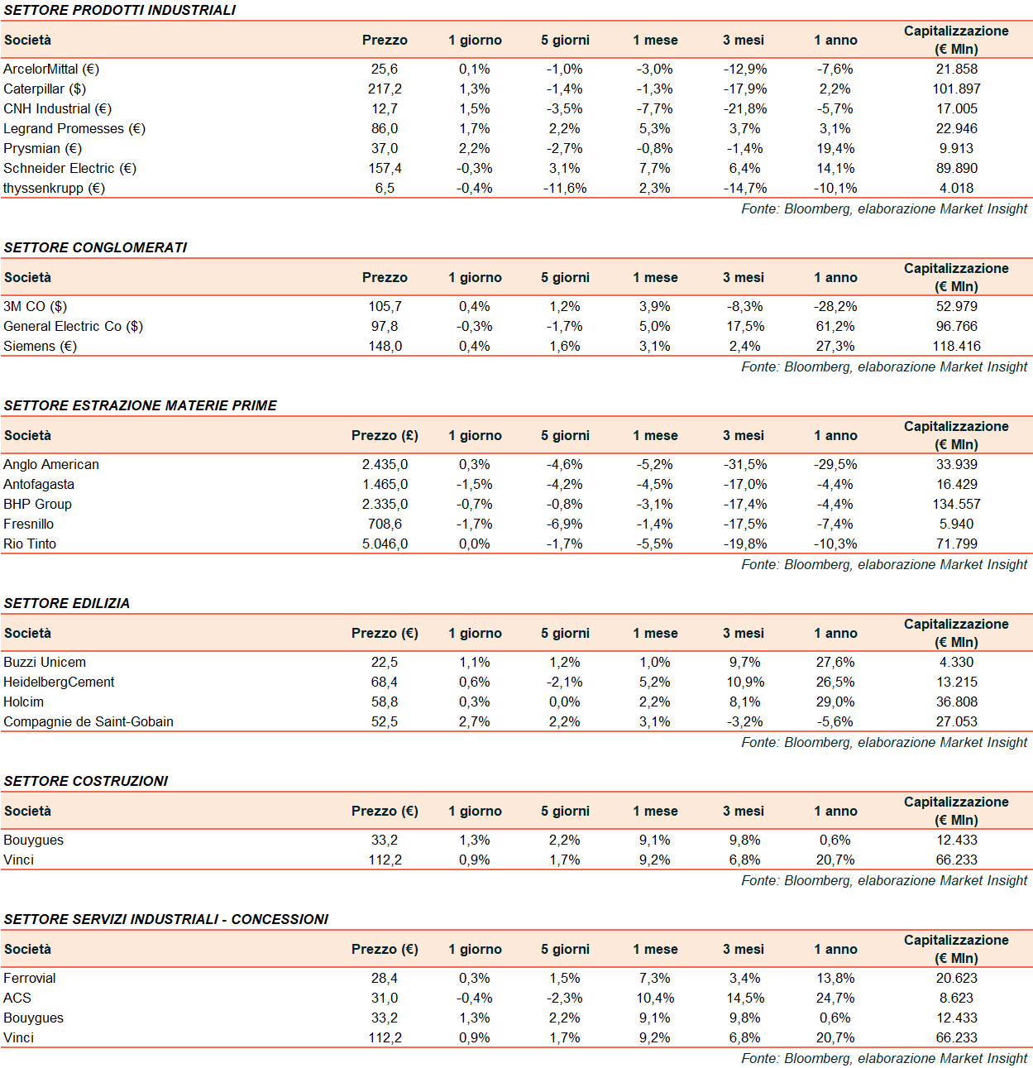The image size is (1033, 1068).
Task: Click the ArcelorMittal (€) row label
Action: pos(51,69)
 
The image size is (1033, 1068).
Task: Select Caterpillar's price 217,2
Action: pos(385,89)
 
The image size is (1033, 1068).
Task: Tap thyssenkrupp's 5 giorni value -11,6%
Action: pos(565,189)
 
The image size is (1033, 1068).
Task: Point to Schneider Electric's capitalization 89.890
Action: pos(956,169)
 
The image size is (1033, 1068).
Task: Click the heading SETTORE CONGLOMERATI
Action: pos(95,247)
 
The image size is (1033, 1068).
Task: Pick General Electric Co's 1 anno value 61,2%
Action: pos(835,327)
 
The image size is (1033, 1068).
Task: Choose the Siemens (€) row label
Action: pos(40,347)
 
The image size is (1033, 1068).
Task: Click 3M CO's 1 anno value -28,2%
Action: pos(835,307)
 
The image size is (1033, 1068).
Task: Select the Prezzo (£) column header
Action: pos(385,436)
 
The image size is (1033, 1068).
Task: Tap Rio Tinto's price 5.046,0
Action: pos(385,544)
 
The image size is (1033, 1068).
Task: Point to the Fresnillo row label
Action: pos(29,524)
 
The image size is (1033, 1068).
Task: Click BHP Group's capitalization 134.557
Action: pos(956,505)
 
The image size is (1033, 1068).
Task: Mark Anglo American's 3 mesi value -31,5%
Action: pos(745,465)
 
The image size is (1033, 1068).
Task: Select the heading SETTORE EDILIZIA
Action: pos(67,603)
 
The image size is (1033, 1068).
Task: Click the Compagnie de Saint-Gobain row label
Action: pos(88,722)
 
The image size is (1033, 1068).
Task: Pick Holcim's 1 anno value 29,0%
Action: pos(835,702)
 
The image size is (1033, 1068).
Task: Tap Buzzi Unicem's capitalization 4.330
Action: pos(956,663)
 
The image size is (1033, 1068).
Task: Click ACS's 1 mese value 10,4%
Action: pos(655,999)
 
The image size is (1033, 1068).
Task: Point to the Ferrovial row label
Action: pos(30,979)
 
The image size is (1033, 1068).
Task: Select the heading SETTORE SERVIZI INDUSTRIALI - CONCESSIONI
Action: pos(166,919)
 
